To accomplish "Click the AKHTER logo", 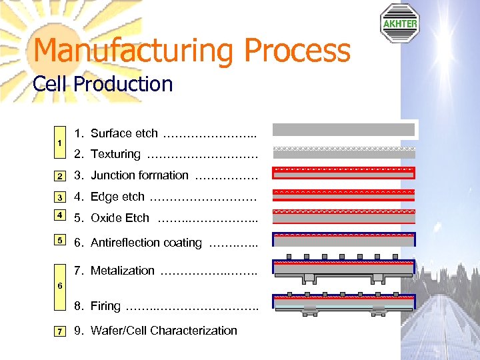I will pyautogui.click(x=399, y=23).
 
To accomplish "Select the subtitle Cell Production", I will pyautogui.click(x=103, y=85).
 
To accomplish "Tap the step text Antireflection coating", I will pyautogui.click(x=146, y=243).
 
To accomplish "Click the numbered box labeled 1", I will pyautogui.click(x=60, y=143).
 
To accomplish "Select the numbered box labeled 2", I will pyautogui.click(x=60, y=176).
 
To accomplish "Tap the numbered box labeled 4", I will pyautogui.click(x=60, y=215).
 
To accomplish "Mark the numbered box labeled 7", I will pyautogui.click(x=60, y=331).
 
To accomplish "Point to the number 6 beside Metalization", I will pyautogui.click(x=60, y=285).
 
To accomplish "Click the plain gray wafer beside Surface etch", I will pyautogui.click(x=344, y=129).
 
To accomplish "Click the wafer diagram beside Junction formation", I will pyautogui.click(x=344, y=173).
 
